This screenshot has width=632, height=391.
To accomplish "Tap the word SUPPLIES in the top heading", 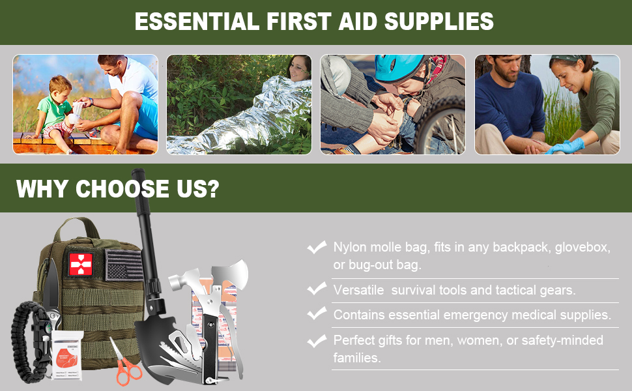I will [x=438, y=22].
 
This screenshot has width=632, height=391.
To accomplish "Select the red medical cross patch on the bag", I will [x=81, y=263].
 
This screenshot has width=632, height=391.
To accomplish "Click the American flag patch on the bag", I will [x=123, y=265].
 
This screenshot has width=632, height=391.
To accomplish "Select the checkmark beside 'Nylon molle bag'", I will [x=317, y=247].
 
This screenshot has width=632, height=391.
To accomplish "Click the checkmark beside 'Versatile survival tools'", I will [x=317, y=289].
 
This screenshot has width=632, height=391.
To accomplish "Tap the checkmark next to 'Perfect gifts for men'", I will [x=317, y=340].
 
